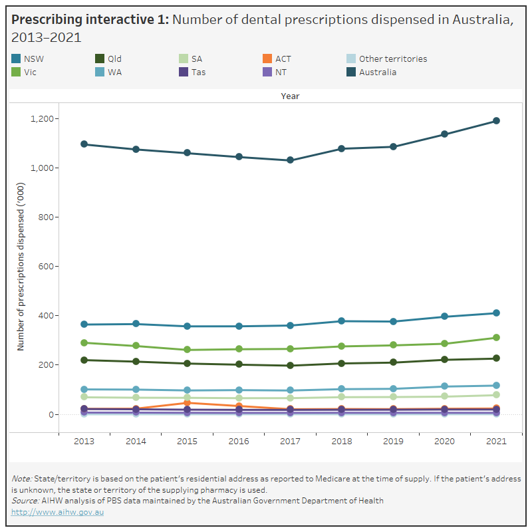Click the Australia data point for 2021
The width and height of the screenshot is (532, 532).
496,121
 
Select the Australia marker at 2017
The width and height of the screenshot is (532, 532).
290,160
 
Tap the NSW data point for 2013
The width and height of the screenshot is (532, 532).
84,325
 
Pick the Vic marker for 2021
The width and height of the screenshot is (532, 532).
496,338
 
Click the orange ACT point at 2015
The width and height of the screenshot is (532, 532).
188,403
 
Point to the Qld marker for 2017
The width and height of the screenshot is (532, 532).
290,365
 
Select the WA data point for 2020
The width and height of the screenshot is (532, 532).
445,386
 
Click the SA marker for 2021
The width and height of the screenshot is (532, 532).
496,395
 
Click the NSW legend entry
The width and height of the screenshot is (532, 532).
34,59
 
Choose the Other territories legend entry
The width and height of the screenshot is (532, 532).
393,59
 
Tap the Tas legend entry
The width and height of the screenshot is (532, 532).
198,72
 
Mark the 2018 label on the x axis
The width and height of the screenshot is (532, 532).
342,441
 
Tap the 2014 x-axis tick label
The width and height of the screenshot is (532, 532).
136,441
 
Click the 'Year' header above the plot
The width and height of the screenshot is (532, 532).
290,96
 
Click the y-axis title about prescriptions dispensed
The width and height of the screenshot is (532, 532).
21,279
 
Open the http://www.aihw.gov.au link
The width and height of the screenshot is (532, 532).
58,511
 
